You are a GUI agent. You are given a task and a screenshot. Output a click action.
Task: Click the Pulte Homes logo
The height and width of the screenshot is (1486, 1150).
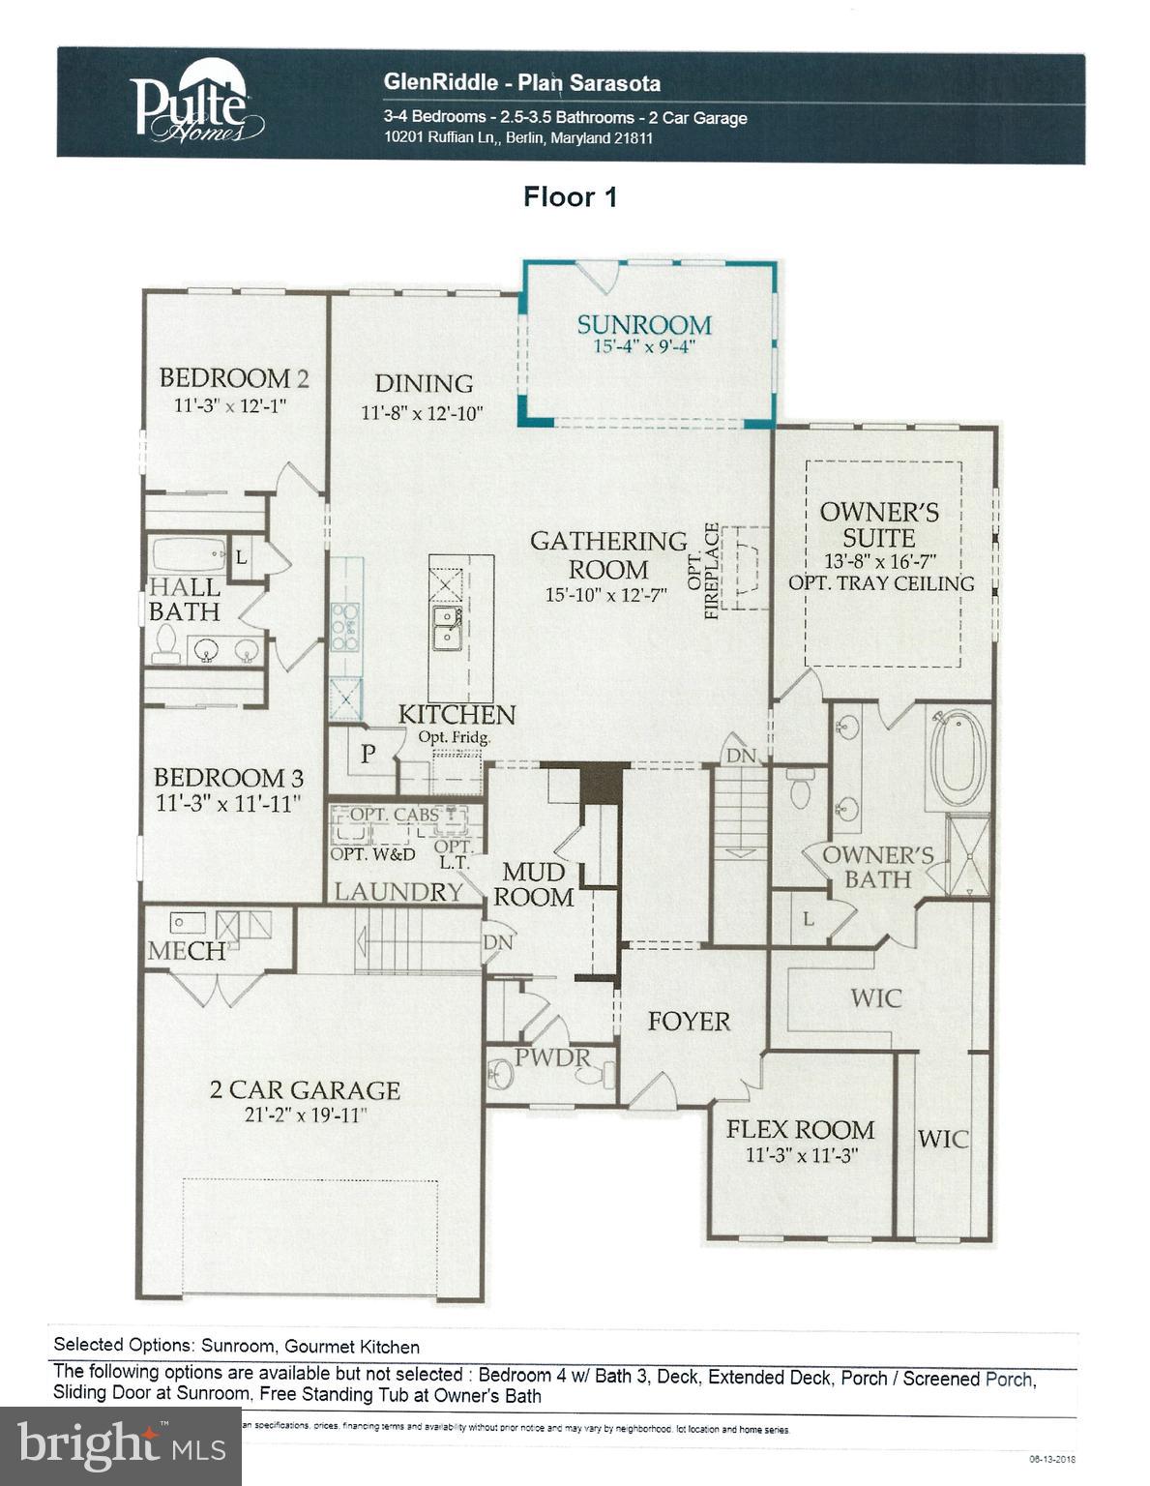(197, 108)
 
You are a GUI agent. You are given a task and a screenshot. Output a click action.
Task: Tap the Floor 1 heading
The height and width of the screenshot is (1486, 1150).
(570, 197)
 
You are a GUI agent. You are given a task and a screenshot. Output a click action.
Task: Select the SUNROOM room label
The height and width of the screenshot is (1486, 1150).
(644, 325)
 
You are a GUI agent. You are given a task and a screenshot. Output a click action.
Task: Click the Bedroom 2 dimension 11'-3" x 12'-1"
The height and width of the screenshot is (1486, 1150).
(231, 405)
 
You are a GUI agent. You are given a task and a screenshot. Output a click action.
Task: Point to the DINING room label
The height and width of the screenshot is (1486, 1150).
(424, 384)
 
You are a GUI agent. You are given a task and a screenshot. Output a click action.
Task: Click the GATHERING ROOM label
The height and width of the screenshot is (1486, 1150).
(607, 554)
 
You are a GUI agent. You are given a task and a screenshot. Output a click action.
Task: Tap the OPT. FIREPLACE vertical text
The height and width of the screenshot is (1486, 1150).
(712, 571)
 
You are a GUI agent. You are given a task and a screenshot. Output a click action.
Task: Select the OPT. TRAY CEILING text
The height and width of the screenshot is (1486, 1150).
(881, 583)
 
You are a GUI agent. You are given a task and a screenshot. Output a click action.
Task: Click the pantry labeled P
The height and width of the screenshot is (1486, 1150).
(368, 755)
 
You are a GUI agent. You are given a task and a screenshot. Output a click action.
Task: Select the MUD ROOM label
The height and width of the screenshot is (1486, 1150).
(533, 884)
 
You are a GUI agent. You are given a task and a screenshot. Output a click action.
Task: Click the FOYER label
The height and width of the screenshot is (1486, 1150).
(689, 1022)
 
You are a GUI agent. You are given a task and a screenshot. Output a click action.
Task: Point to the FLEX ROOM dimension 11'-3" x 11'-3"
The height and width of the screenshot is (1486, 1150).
(802, 1155)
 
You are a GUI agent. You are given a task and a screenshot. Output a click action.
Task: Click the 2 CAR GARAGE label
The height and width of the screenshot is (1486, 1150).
(305, 1090)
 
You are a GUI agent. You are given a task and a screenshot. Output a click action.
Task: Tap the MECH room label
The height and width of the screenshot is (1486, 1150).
(187, 952)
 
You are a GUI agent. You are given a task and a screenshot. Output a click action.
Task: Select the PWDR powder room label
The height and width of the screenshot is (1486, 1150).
(551, 1057)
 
